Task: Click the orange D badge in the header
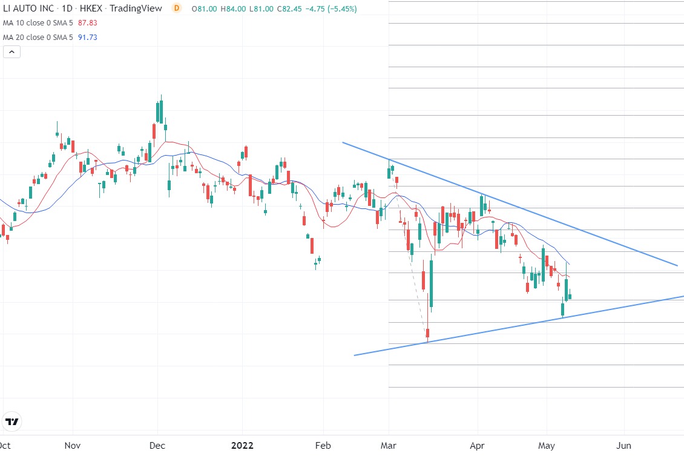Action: pos(176,8)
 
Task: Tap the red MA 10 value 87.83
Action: pos(88,23)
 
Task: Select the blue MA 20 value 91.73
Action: pos(88,38)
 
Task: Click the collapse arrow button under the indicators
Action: pos(12,52)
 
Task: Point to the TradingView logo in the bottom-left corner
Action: pos(12,421)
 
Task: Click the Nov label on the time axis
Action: pos(73,446)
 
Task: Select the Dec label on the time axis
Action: pos(157,446)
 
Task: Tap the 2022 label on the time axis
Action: pos(242,446)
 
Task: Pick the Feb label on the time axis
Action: pos(324,446)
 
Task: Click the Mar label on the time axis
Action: pos(389,446)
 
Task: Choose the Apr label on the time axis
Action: pos(478,446)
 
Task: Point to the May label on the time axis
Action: pos(547,446)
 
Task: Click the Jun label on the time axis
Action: pos(623,446)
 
